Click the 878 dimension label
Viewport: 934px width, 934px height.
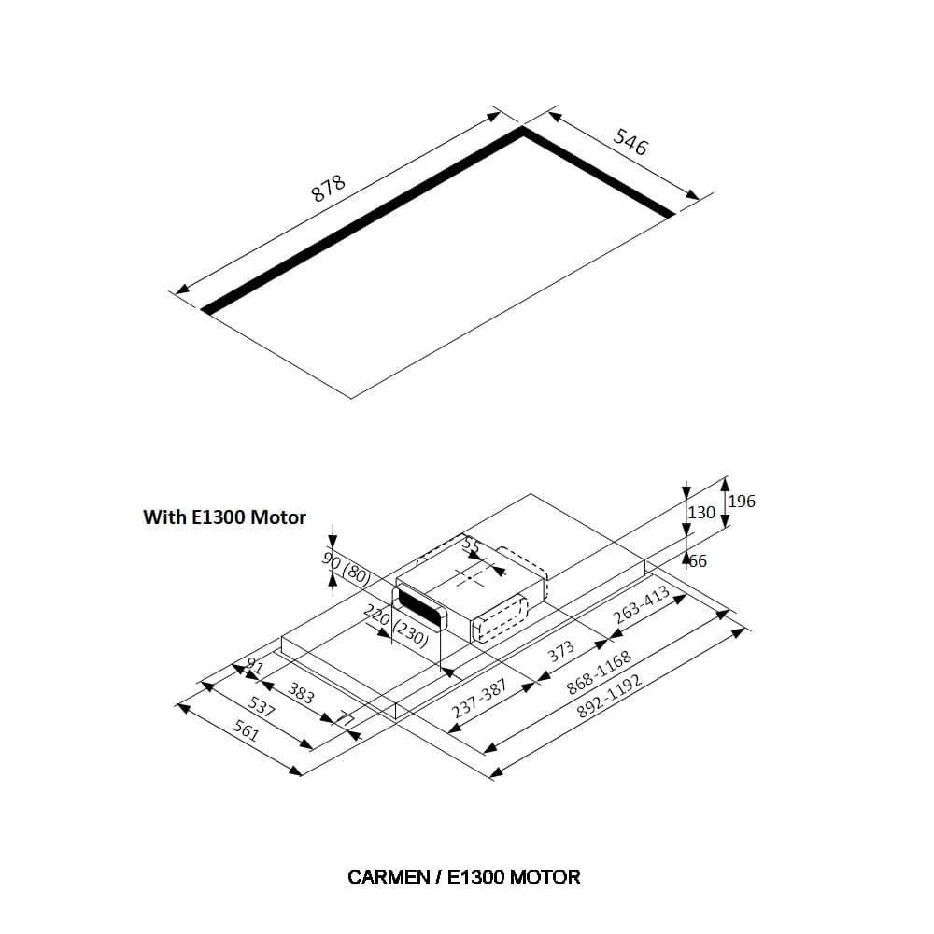point(328,189)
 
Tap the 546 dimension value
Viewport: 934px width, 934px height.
point(630,141)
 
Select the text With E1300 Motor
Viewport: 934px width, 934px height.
point(224,517)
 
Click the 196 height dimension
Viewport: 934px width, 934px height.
point(742,502)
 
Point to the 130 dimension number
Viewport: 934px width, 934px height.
point(700,513)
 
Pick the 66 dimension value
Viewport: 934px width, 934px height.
point(698,561)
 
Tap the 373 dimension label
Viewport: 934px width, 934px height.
point(560,653)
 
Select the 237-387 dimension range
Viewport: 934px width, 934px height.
point(479,699)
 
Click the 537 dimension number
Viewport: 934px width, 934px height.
point(261,709)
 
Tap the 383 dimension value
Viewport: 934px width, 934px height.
point(301,693)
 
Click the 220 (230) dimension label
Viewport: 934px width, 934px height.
point(396,627)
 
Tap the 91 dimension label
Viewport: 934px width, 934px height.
point(253,666)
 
